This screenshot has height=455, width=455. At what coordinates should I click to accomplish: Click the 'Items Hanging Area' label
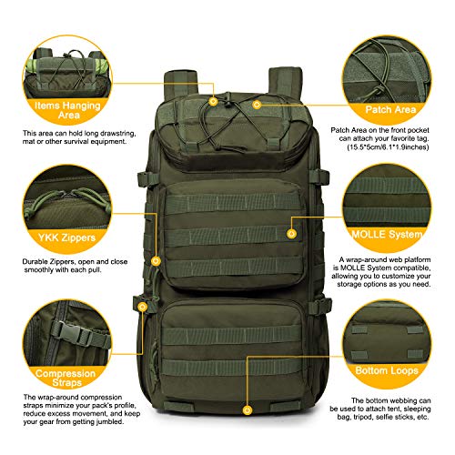(67, 110)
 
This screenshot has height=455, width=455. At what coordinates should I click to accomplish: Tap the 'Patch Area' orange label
(390, 109)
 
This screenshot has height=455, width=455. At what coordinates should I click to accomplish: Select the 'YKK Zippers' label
(66, 238)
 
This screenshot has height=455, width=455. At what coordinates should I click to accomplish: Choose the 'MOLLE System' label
(387, 234)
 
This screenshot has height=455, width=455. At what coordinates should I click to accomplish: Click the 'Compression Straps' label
(66, 378)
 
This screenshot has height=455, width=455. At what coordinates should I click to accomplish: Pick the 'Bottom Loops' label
(387, 370)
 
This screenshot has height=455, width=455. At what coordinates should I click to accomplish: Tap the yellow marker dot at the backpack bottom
(248, 410)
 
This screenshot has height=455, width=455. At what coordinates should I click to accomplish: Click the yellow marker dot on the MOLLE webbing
(291, 234)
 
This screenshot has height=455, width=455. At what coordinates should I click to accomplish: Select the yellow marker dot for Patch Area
(257, 105)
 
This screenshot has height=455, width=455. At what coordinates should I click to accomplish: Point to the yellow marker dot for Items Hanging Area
(213, 101)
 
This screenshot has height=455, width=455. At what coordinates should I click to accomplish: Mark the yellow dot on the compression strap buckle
(142, 307)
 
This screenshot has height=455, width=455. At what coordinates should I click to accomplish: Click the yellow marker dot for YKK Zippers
(156, 261)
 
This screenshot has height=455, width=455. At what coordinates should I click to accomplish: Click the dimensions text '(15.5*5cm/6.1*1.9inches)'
(388, 147)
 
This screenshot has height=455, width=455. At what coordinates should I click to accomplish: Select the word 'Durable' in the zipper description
(35, 261)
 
